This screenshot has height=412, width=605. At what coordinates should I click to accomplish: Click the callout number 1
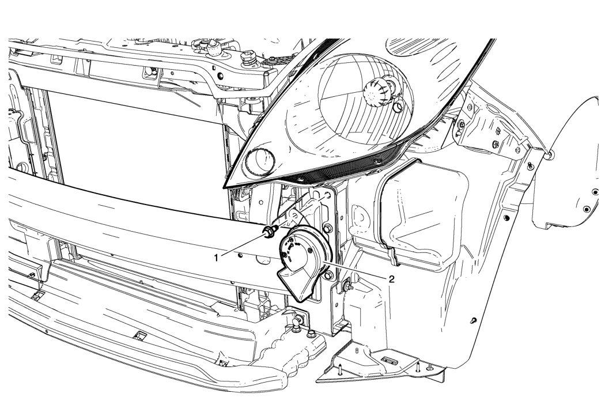click(217, 258)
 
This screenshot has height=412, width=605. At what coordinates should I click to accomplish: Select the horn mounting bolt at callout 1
click(269, 232)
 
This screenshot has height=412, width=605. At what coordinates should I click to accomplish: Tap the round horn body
click(305, 251)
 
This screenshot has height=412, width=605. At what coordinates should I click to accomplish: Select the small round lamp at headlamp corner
click(260, 161)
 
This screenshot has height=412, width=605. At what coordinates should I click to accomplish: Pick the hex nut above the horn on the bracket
click(327, 228)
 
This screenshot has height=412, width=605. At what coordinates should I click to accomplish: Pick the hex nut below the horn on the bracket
click(328, 275)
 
